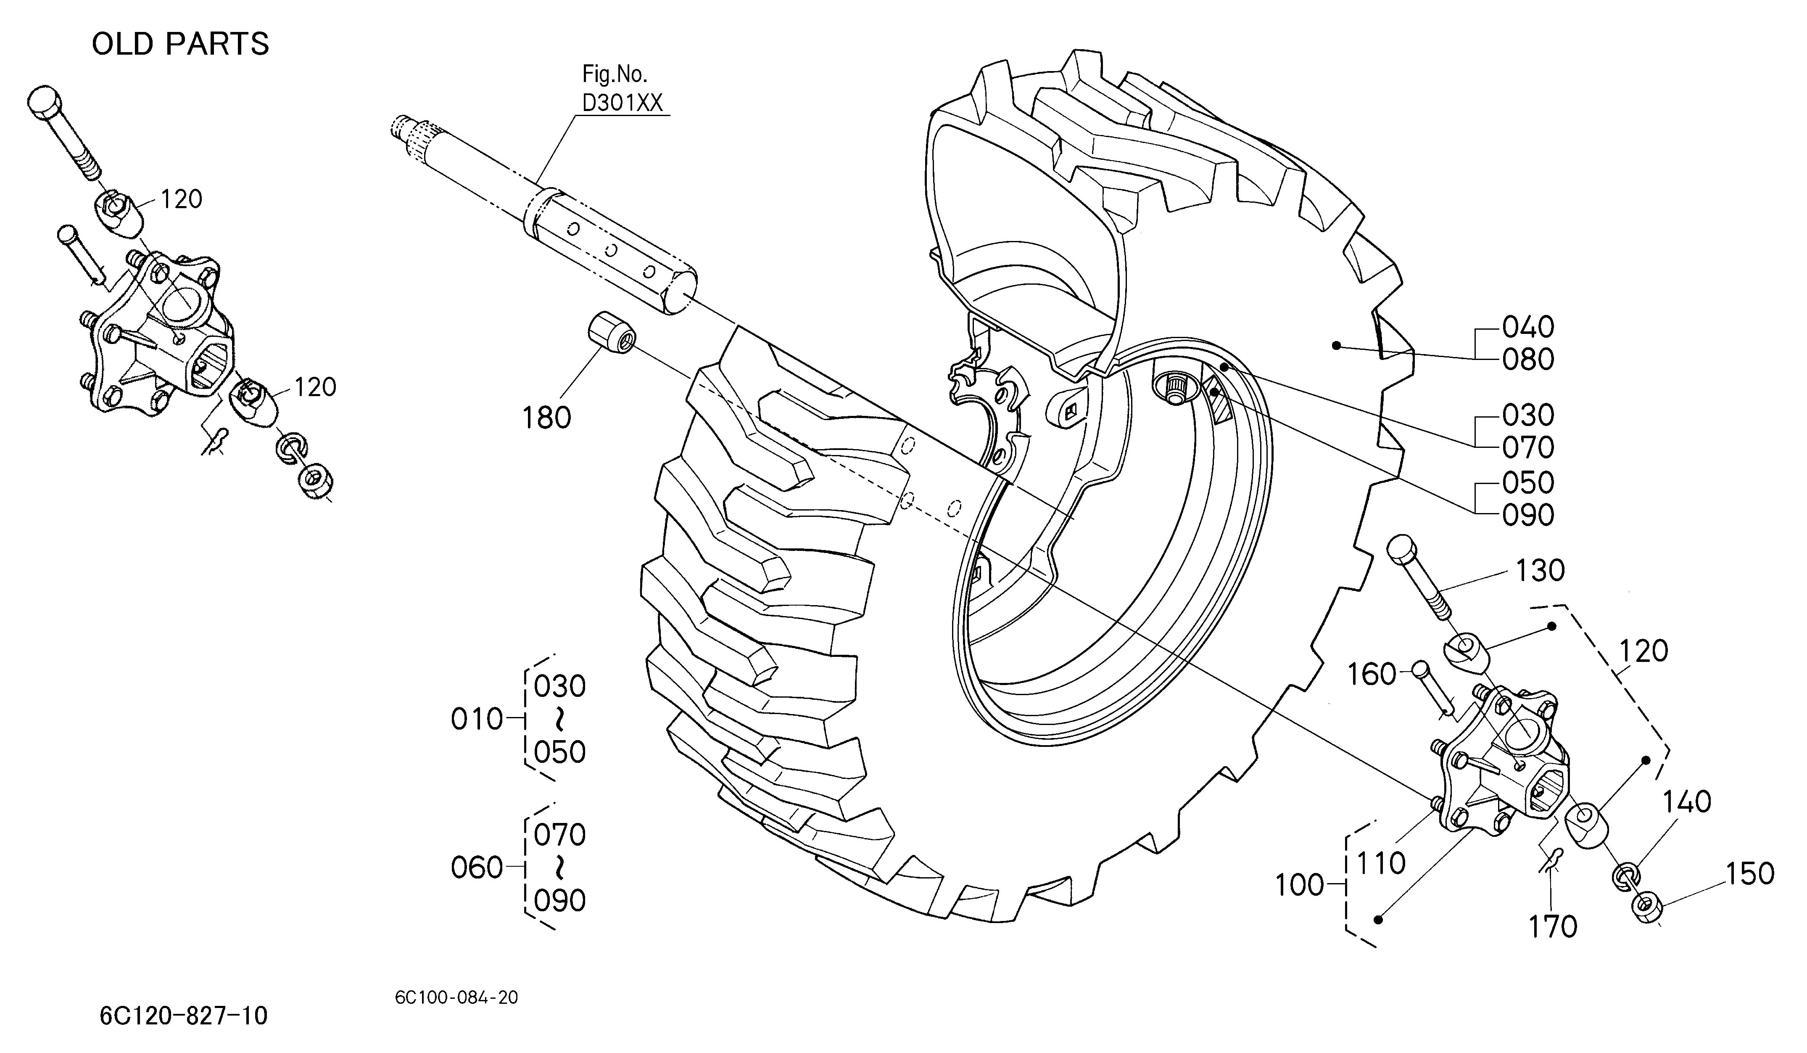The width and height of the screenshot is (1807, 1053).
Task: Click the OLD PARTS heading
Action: tap(180, 44)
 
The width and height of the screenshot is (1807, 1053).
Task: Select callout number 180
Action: tap(546, 418)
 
